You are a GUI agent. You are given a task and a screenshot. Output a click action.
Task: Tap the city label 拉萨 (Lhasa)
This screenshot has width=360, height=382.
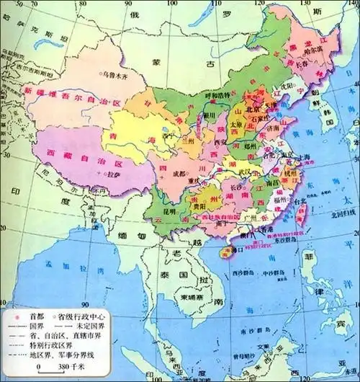[115, 174]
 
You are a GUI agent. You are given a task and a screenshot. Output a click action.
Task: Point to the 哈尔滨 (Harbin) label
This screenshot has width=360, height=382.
[315, 51]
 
